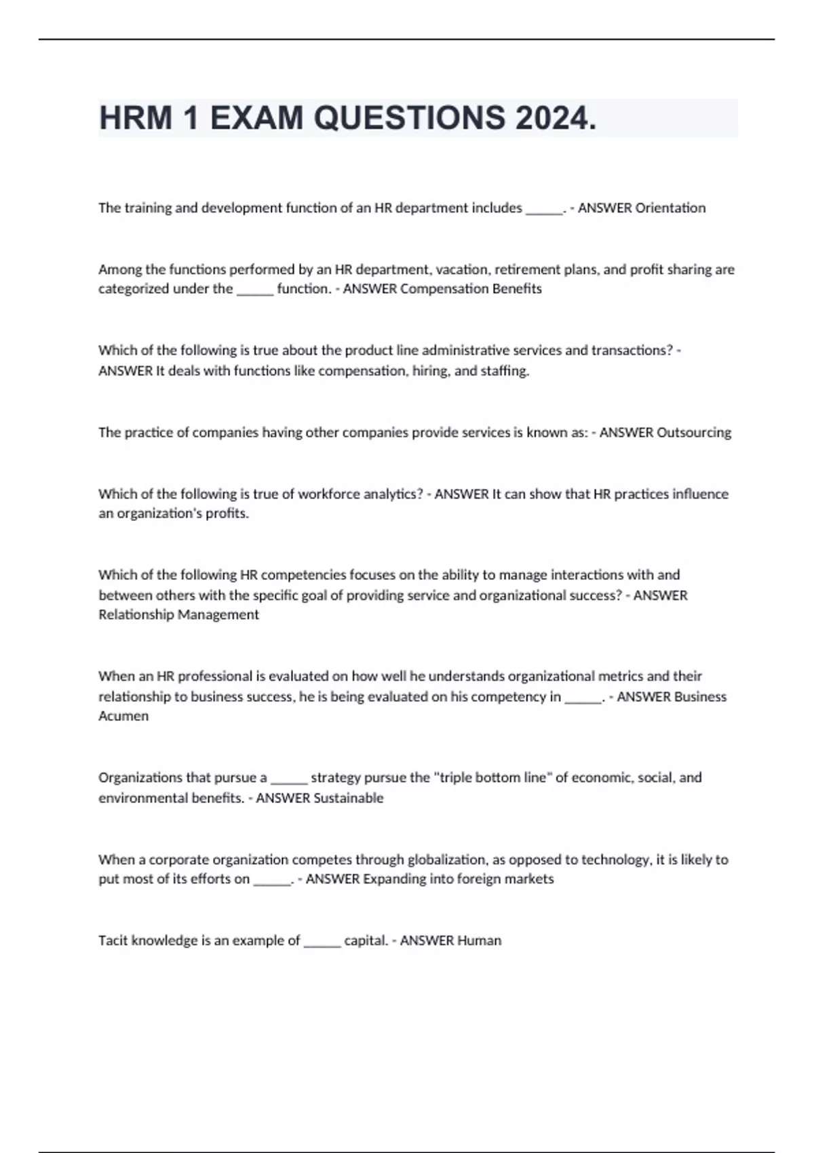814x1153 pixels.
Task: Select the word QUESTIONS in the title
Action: coord(409,118)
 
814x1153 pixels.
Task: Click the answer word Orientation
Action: coord(670,208)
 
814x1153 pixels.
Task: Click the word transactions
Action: coord(632,351)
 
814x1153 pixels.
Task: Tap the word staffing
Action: coord(505,371)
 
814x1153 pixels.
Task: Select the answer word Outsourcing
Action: coord(694,433)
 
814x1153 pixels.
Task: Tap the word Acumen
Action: coord(123,716)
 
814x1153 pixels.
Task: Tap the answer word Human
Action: coord(479,941)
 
